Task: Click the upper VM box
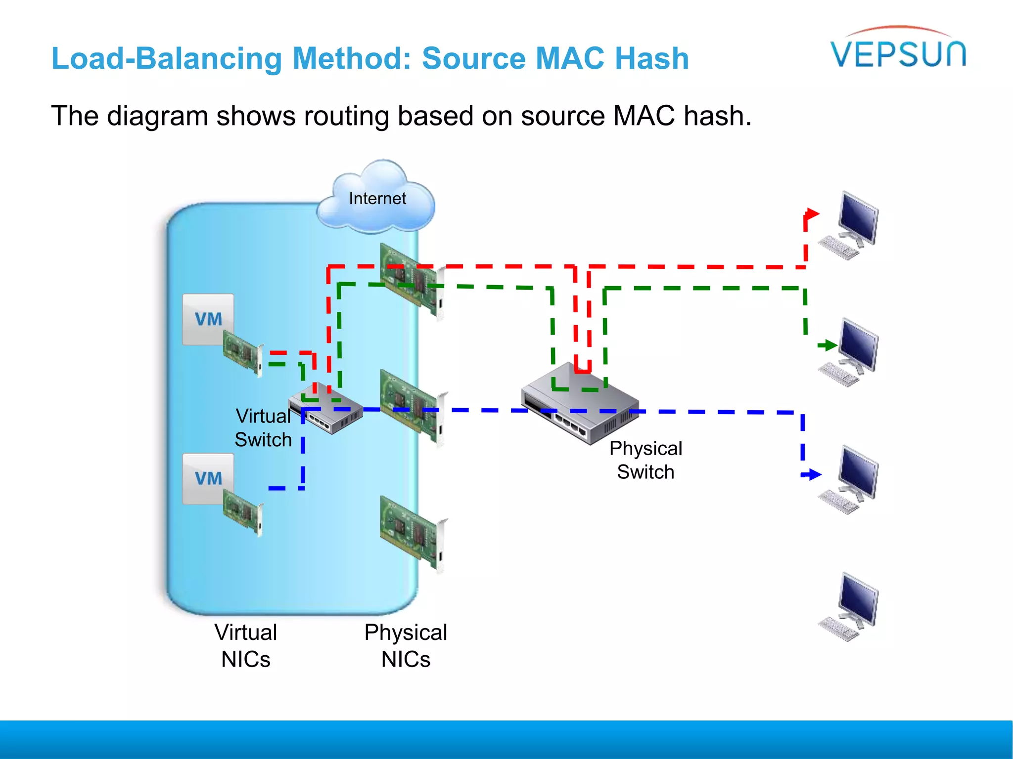[x=208, y=319]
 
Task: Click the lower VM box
[x=208, y=478]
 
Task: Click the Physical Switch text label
[x=645, y=460]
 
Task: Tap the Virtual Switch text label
[x=263, y=427]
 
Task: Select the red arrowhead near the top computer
[x=812, y=214]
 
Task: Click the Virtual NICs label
[x=246, y=645]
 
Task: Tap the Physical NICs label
[x=406, y=645]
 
